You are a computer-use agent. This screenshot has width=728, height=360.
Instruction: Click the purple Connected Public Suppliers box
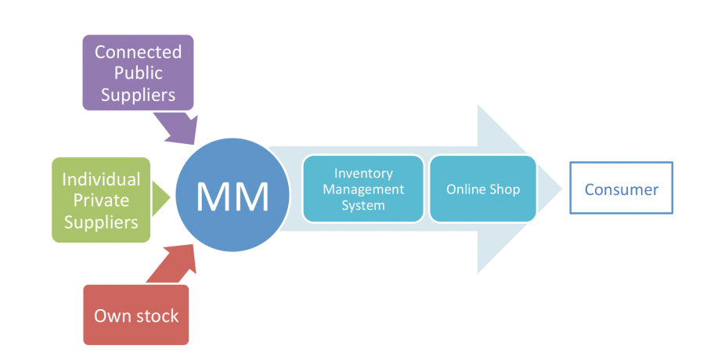tap(138, 73)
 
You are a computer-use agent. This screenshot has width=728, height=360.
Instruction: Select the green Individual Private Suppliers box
tap(100, 200)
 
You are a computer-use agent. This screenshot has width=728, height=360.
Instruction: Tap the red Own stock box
tap(136, 316)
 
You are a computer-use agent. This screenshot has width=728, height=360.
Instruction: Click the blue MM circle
tap(232, 196)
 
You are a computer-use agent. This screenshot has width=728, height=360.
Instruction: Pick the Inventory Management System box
tap(363, 189)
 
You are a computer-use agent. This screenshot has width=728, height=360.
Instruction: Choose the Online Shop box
tap(483, 189)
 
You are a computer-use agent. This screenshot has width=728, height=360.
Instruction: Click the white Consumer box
tap(621, 189)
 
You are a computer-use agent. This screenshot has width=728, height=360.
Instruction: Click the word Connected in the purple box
tap(138, 52)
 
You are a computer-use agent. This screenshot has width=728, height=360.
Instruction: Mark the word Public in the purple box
tap(138, 73)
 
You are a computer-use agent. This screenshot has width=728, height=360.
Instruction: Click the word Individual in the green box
tap(101, 179)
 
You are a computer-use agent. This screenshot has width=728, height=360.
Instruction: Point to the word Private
tap(101, 200)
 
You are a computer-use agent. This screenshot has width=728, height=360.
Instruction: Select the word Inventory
tap(363, 174)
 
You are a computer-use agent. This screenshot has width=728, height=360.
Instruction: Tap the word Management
tap(363, 189)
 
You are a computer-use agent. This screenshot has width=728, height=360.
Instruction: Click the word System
tap(363, 205)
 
